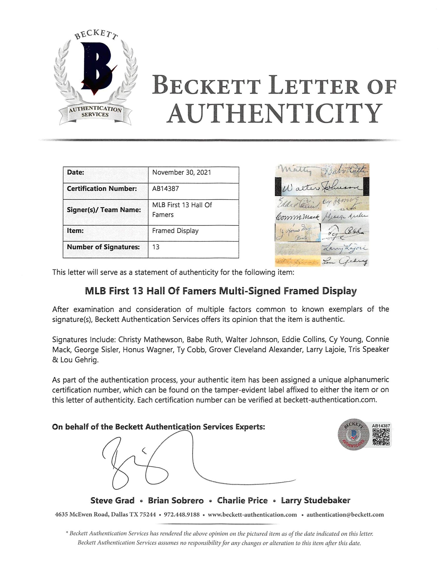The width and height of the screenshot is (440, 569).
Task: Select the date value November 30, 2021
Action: click(x=182, y=172)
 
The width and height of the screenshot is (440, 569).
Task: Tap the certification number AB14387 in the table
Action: click(x=166, y=189)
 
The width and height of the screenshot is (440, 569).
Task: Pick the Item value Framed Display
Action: click(x=175, y=231)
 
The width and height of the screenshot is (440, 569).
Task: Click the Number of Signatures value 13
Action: click(x=156, y=247)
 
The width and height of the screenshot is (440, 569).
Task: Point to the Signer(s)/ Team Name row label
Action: click(x=104, y=210)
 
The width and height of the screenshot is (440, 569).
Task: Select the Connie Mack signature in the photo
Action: click(x=297, y=217)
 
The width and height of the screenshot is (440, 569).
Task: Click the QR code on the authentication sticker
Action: click(x=381, y=437)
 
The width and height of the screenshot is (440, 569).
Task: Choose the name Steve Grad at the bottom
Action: click(x=112, y=500)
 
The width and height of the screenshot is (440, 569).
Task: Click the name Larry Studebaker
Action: click(x=315, y=500)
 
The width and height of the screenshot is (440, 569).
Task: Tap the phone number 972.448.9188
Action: click(x=182, y=515)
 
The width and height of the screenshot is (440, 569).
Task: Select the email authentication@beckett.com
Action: click(x=345, y=515)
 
